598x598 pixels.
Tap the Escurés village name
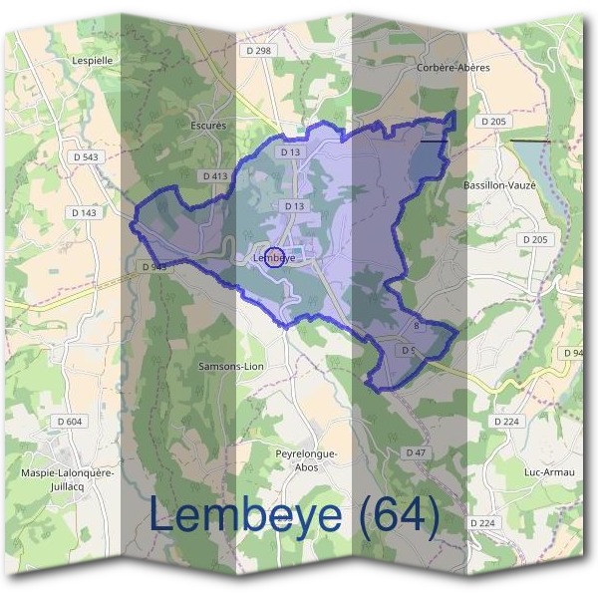209,127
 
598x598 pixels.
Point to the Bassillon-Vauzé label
500,185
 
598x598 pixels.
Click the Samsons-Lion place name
230,366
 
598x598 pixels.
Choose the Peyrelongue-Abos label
306,460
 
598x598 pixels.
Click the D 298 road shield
257,50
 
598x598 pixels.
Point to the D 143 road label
84,212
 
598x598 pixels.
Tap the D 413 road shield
215,175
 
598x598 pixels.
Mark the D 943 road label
154,267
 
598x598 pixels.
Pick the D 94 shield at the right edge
573,354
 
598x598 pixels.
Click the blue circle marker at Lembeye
274,256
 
